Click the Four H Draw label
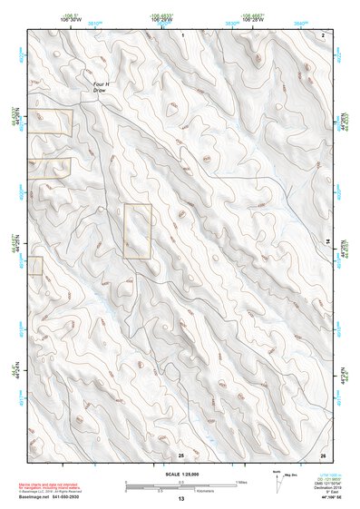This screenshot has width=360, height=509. coord(101,89)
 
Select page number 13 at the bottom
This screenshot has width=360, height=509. coord(180,499)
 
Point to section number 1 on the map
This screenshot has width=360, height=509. coord(182,34)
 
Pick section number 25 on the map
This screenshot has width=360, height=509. coord(181,454)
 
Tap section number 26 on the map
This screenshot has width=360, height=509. coord(323,454)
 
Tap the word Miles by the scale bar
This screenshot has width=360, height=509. coord(241,482)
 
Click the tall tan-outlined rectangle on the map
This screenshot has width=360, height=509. coord(137,231)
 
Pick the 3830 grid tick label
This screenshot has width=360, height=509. coord(232,23)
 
